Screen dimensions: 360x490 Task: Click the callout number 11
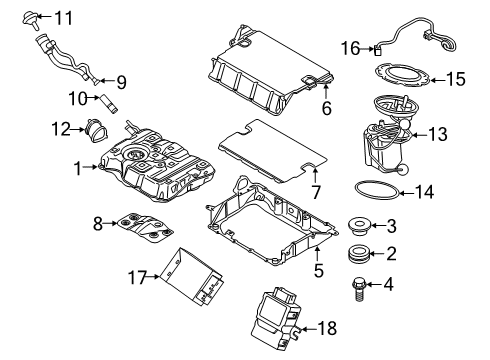click(x=63, y=17)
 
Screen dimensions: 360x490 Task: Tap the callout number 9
click(x=122, y=82)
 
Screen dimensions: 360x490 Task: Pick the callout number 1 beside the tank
click(x=77, y=169)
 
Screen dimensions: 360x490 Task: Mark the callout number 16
click(x=349, y=47)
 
